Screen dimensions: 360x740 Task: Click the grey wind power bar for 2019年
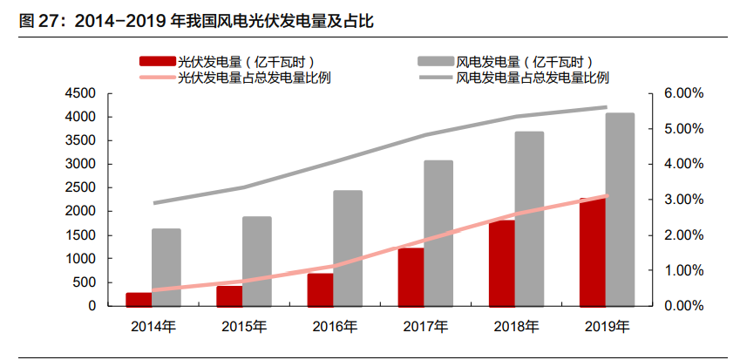[620, 209]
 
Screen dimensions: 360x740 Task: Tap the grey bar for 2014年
[166, 268]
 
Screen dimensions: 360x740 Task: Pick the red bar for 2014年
[138, 300]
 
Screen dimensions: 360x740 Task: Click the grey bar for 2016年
[348, 248]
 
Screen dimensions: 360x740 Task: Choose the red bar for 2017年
[411, 277]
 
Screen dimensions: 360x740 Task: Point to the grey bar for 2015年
[257, 262]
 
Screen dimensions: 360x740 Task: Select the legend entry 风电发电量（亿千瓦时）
[524, 61]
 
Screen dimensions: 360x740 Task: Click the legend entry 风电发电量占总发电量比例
[532, 77]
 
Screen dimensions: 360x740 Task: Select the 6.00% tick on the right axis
[675, 93]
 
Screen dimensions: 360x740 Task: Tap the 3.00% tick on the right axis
[675, 200]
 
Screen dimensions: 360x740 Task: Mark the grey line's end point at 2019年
[606, 107]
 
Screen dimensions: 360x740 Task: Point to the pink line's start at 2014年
[153, 290]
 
